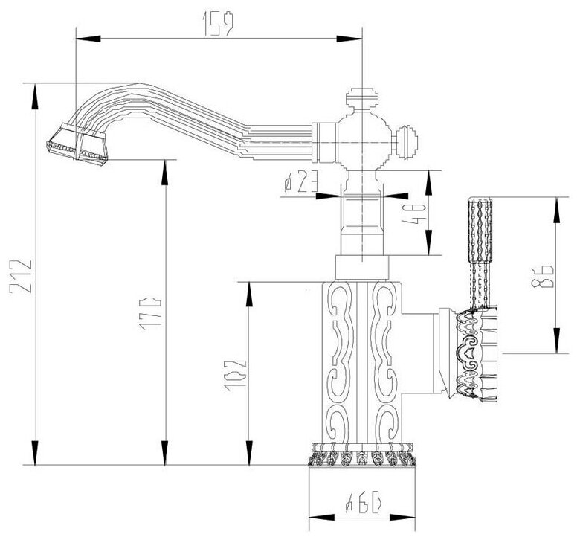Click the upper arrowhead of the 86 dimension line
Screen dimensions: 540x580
coord(557,202)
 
